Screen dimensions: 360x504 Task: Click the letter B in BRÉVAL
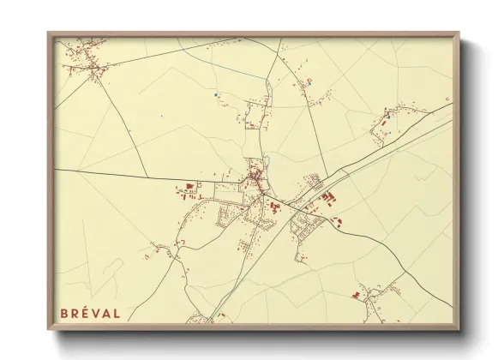click(63, 314)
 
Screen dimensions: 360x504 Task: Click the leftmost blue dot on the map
click(217, 94)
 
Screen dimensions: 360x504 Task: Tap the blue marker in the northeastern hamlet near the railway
click(387, 114)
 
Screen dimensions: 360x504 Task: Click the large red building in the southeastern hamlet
click(355, 295)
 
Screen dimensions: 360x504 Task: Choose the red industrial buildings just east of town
click(328, 199)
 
